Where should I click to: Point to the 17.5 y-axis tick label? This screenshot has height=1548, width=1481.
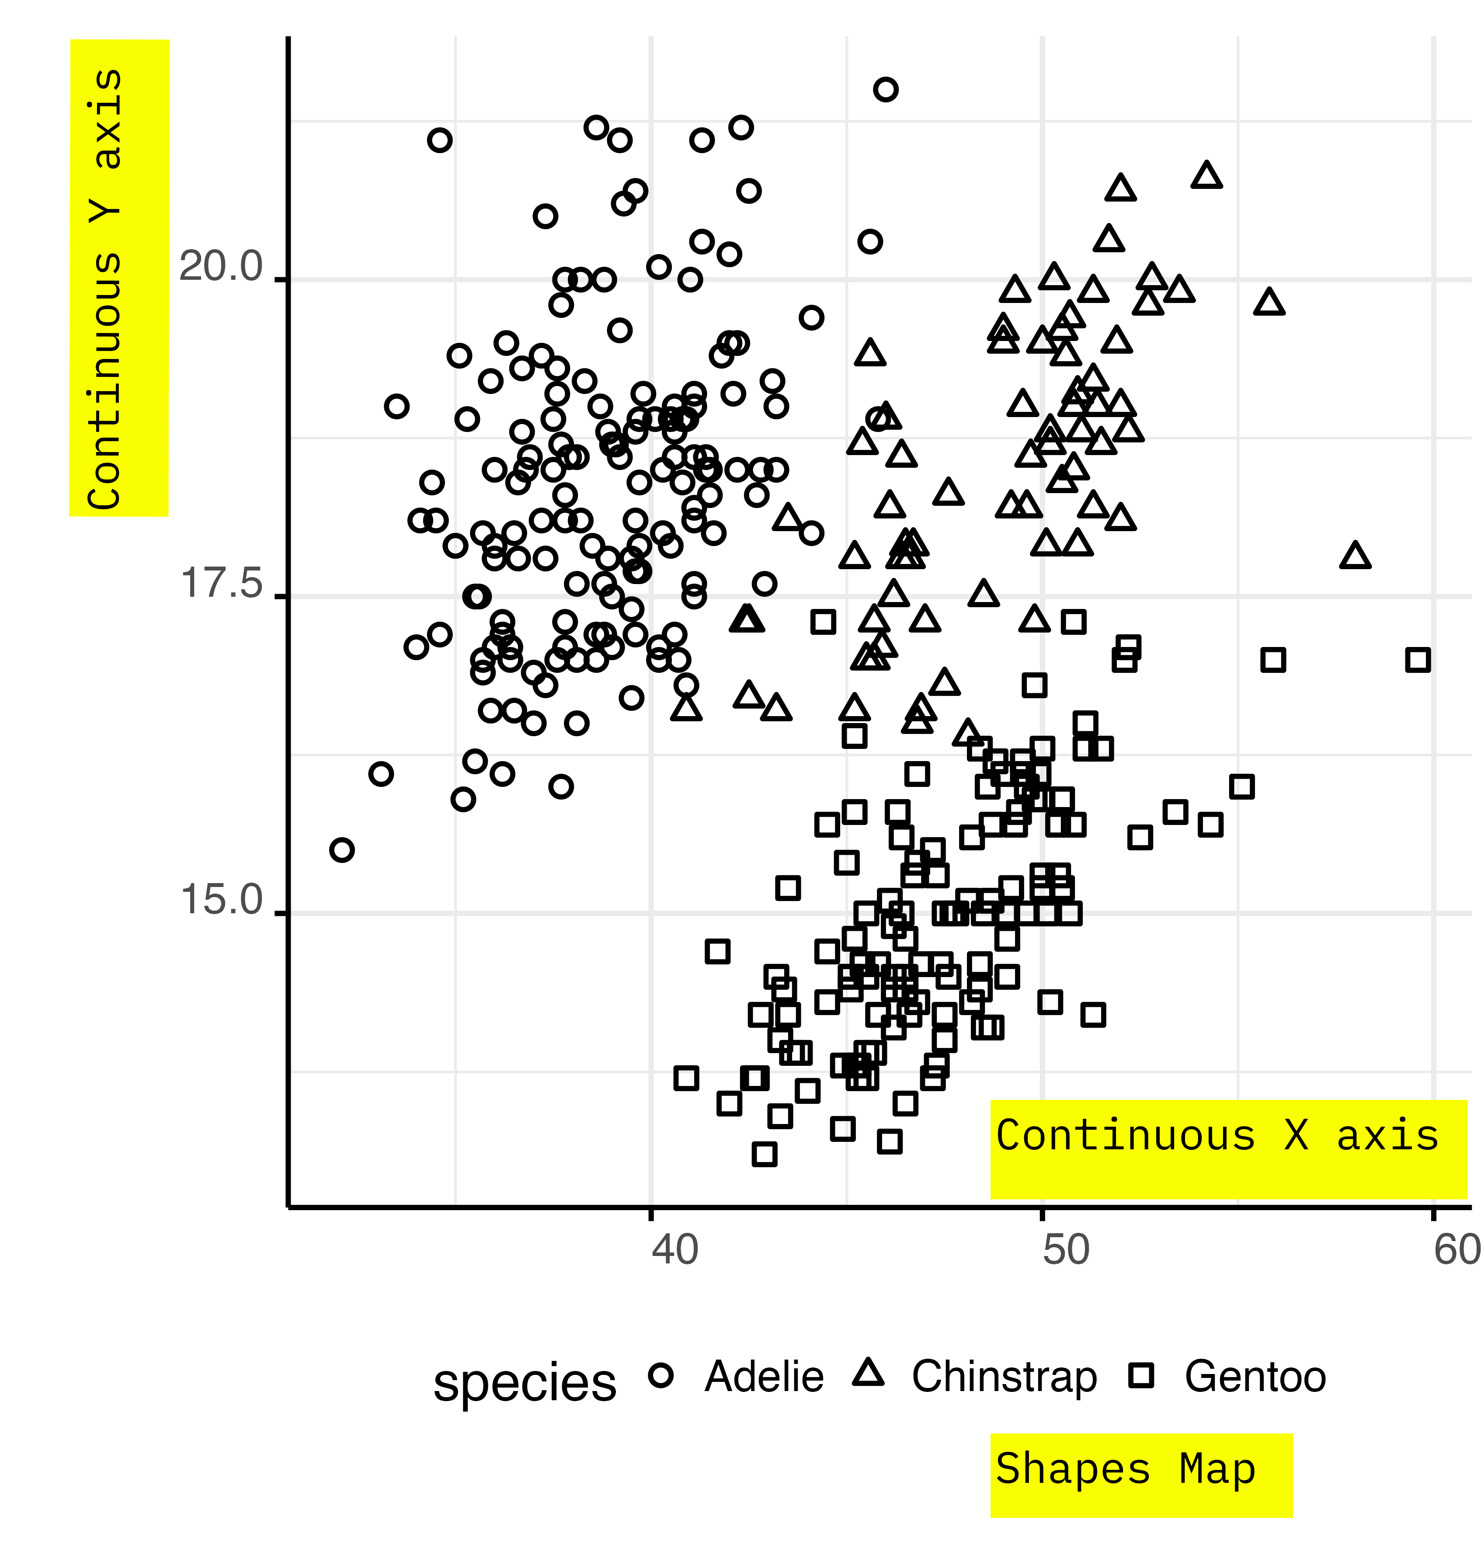pyautogui.click(x=221, y=584)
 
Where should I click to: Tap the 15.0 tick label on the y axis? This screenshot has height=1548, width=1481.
pyautogui.click(x=221, y=901)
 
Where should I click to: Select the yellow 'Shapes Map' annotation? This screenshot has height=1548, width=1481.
pyautogui.click(x=1141, y=1475)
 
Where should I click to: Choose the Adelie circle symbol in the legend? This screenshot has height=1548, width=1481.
pyautogui.click(x=661, y=1376)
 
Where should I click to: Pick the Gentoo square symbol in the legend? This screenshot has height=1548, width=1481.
pyautogui.click(x=1141, y=1376)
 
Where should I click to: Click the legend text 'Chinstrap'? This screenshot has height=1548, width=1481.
pyautogui.click(x=1004, y=1377)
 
